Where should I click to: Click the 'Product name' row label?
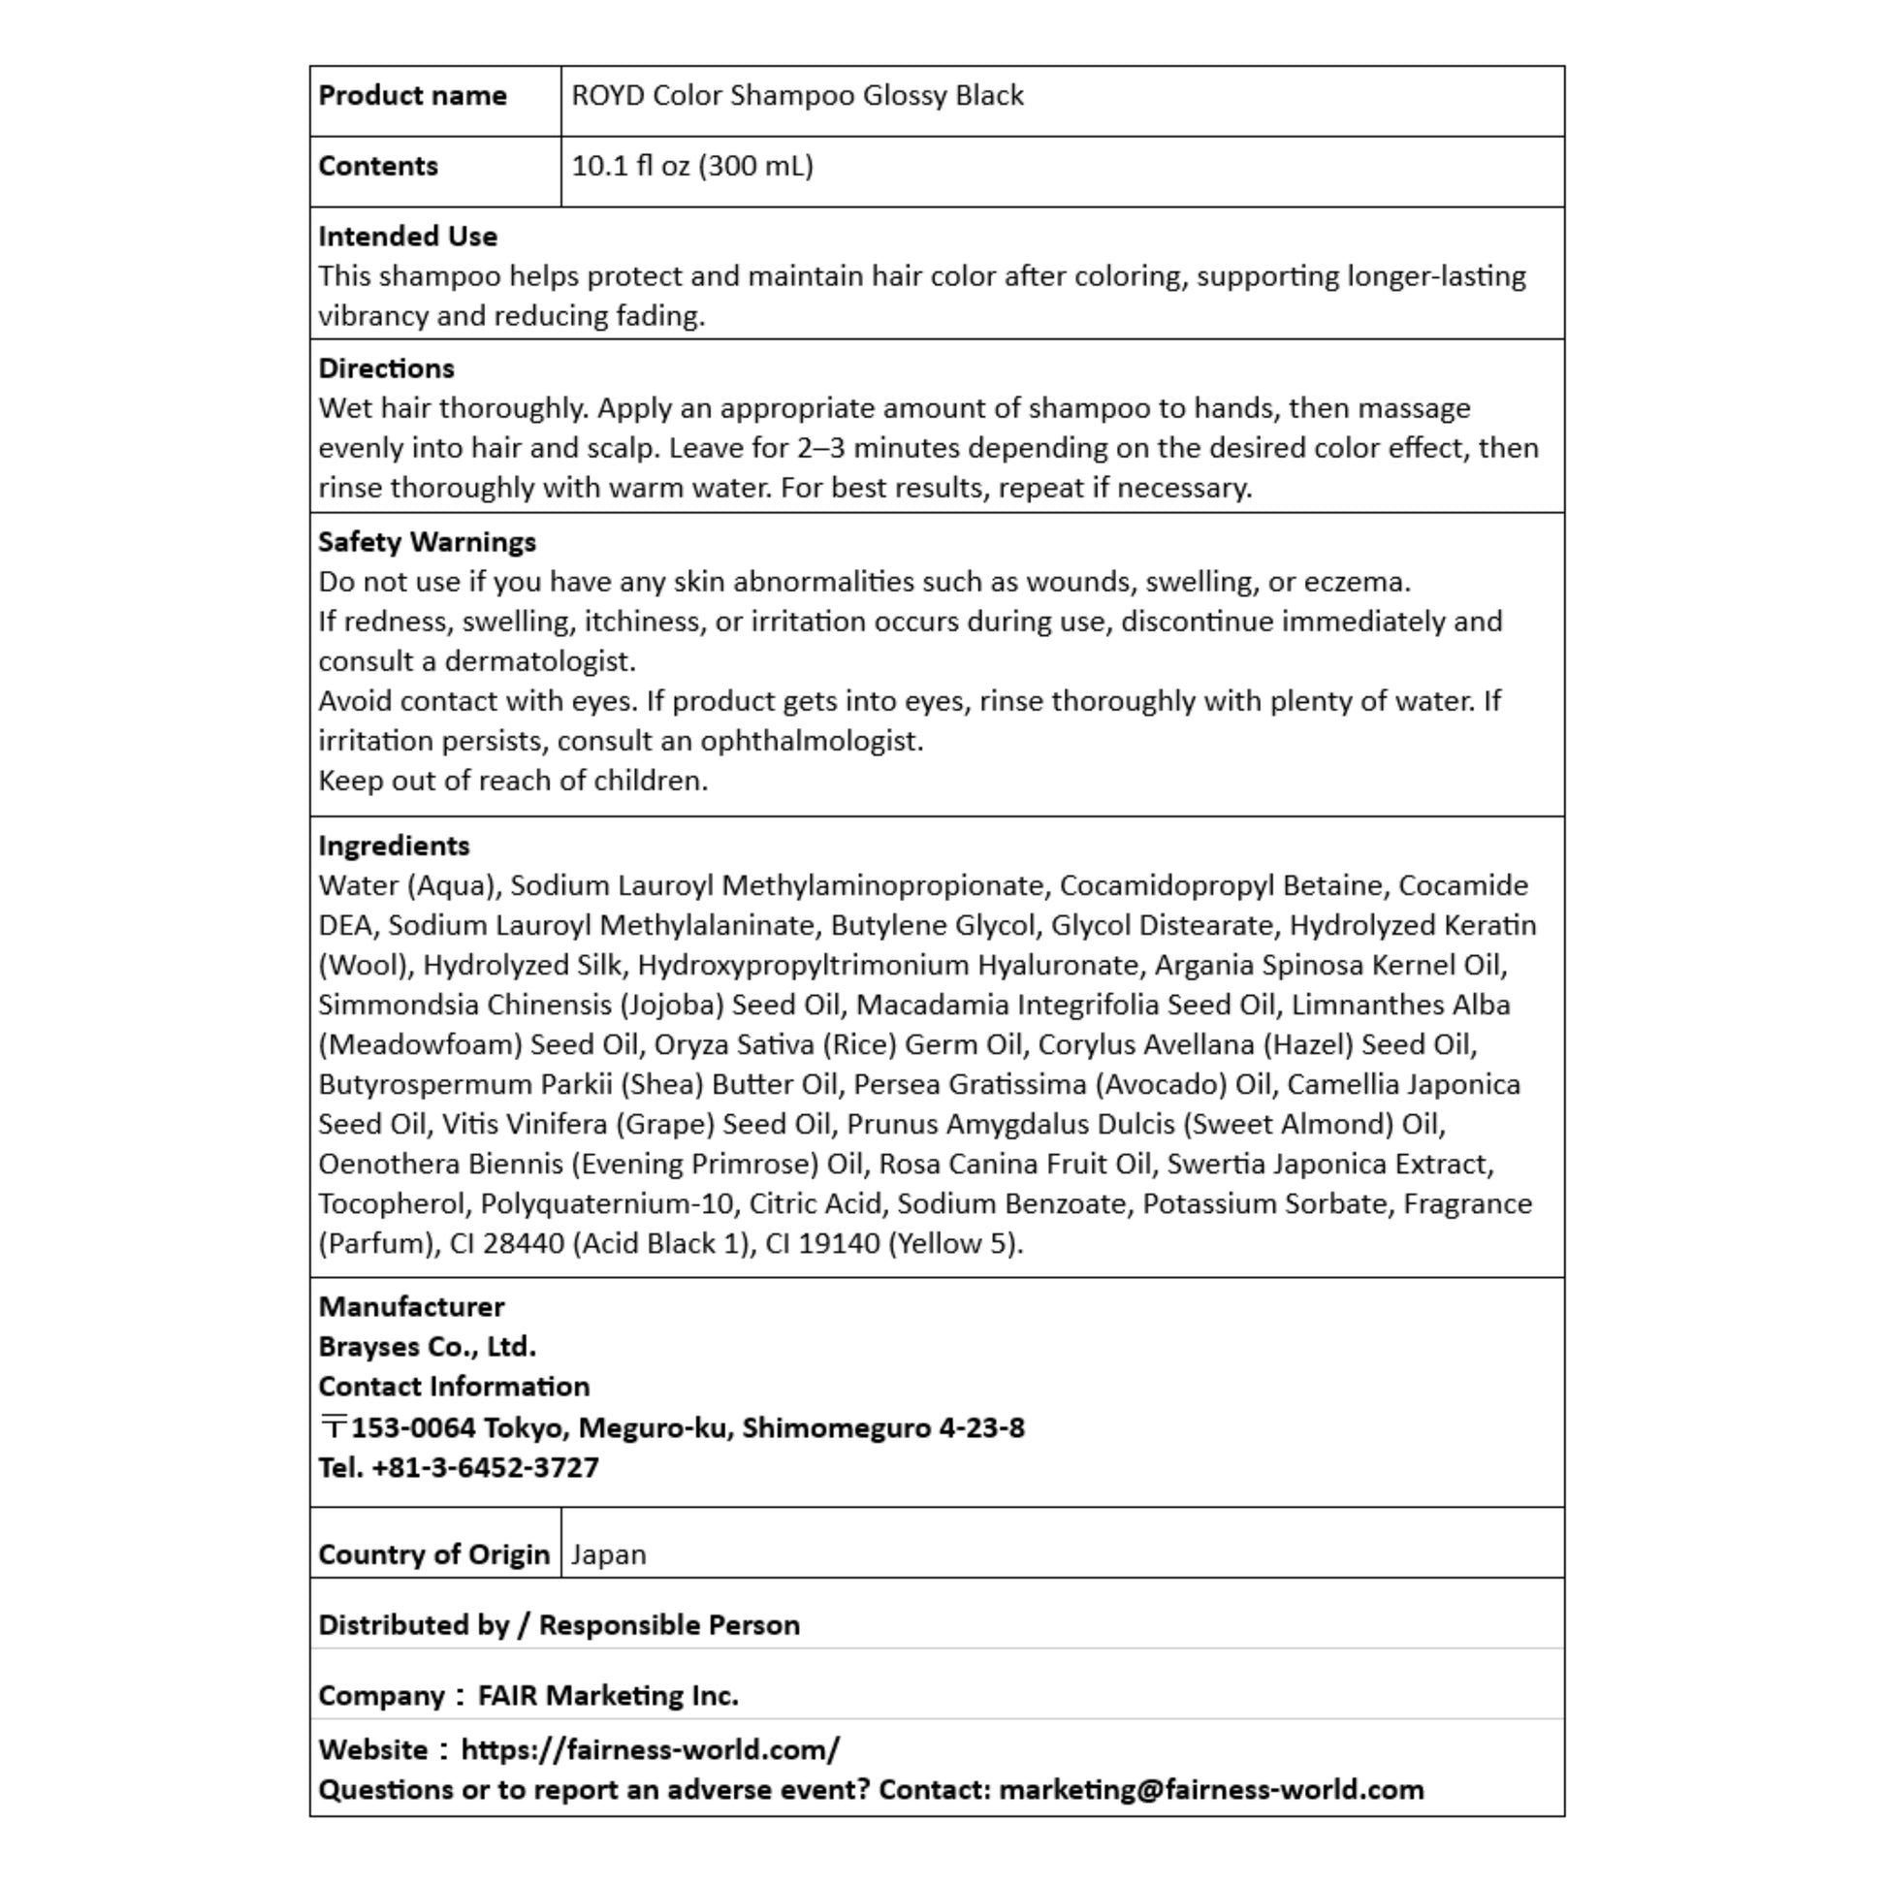click(x=412, y=96)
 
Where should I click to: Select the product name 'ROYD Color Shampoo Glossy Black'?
click(x=797, y=96)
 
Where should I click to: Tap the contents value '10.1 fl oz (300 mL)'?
click(x=691, y=166)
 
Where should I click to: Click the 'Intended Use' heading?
click(x=407, y=237)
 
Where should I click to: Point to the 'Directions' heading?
click(x=386, y=368)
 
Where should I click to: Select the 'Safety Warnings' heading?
click(x=427, y=542)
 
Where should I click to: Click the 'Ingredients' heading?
click(x=394, y=846)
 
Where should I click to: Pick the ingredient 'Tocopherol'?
click(x=391, y=1204)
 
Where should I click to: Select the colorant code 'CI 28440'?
click(x=506, y=1244)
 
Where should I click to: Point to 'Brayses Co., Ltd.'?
click(x=427, y=1347)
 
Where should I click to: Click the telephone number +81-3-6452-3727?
click(x=485, y=1468)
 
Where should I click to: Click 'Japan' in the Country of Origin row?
click(x=609, y=1555)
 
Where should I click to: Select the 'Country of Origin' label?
click(x=433, y=1555)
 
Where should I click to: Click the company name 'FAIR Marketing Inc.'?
click(x=608, y=1696)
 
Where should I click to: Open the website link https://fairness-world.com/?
click(x=650, y=1749)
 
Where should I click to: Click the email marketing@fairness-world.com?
click(x=1211, y=1789)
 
